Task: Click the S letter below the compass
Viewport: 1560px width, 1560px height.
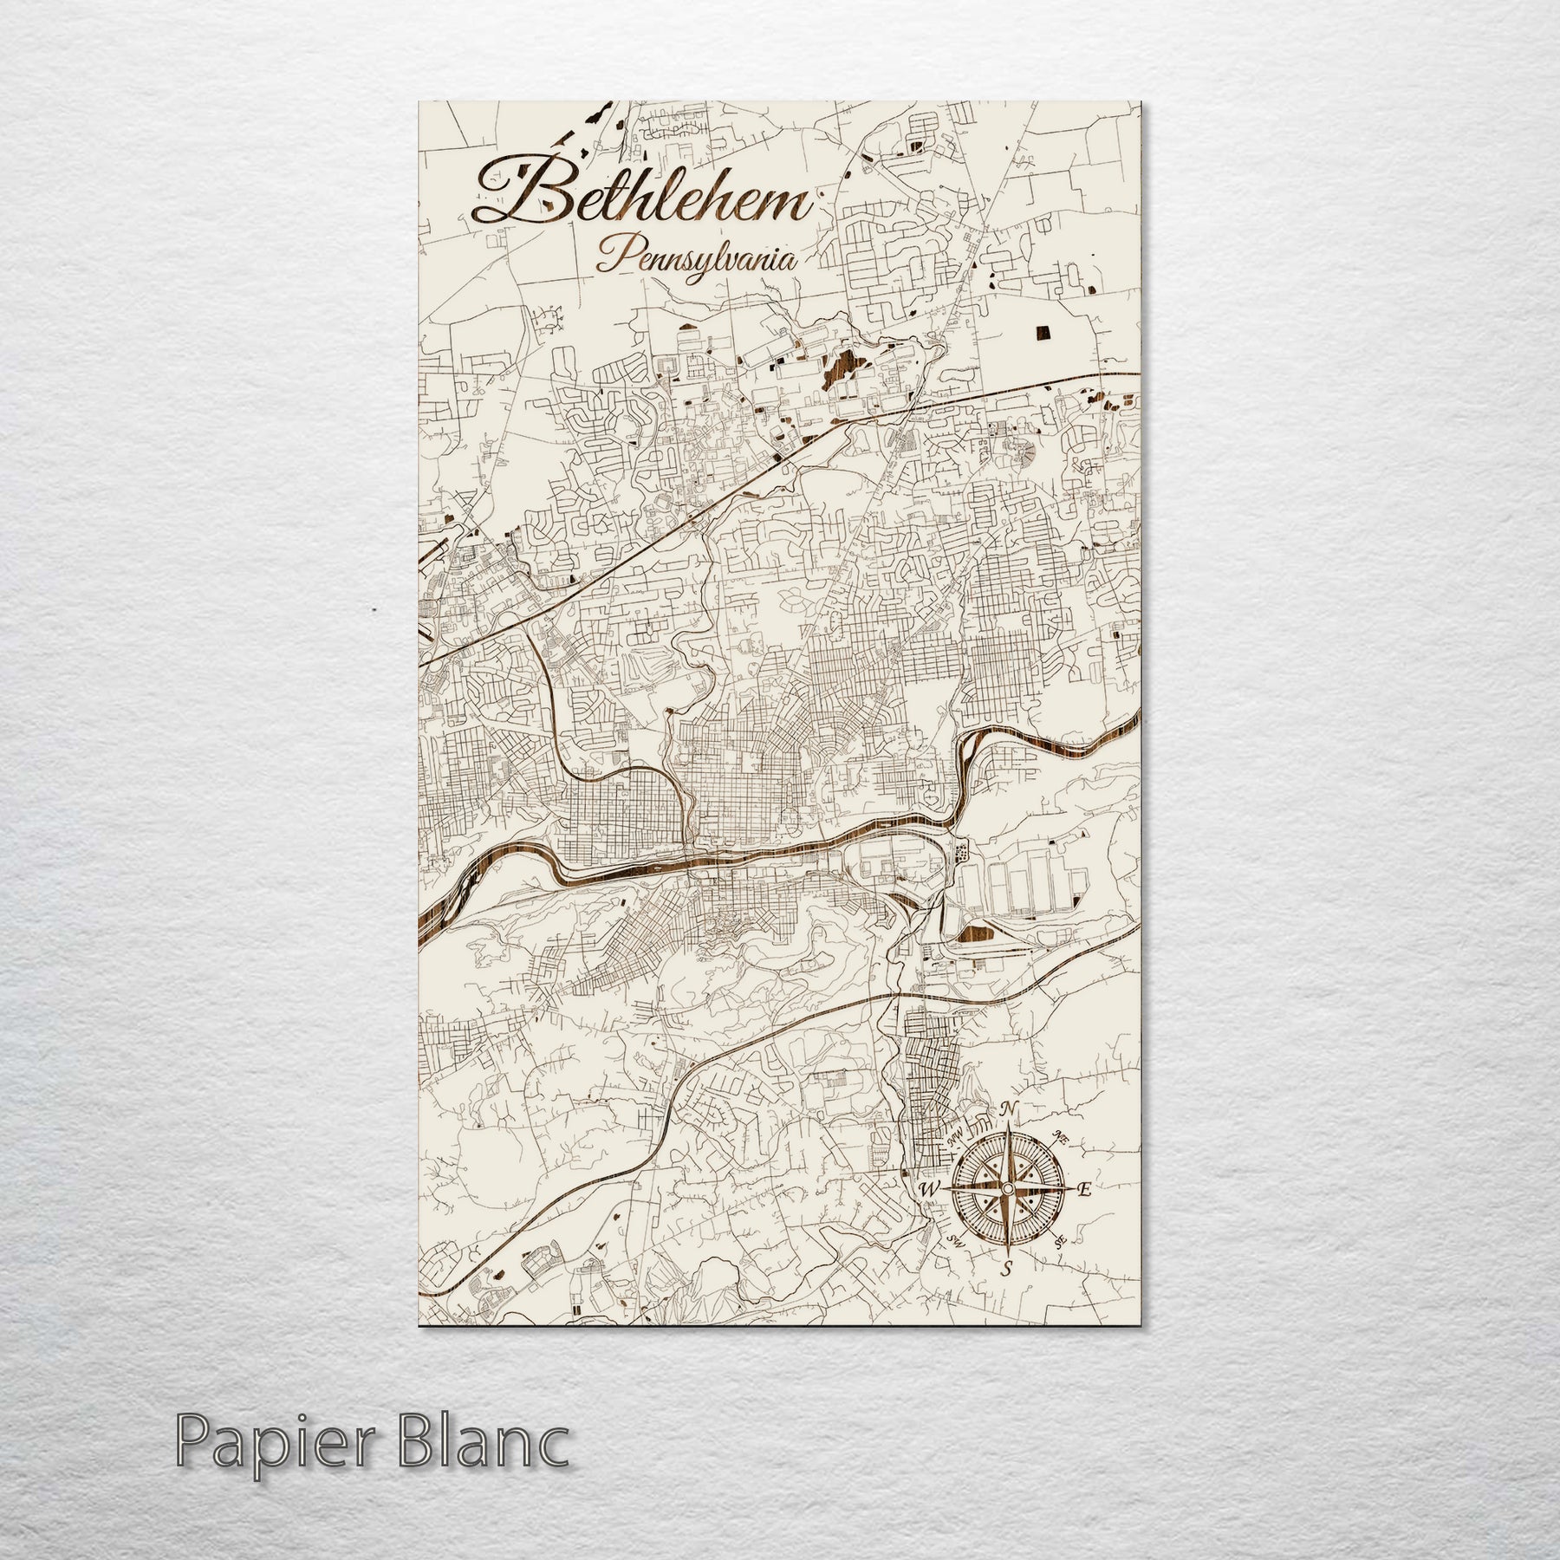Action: (x=1007, y=1294)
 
